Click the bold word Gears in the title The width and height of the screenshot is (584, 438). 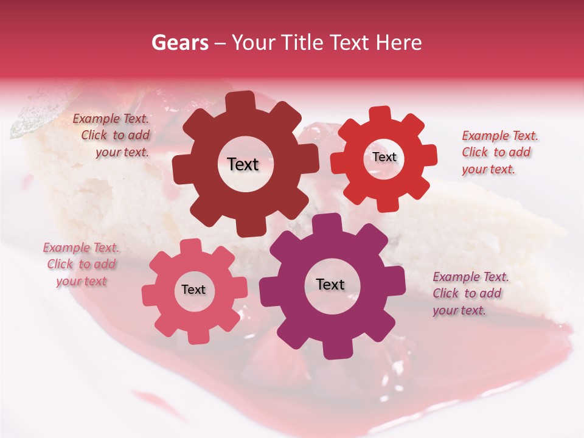point(178,43)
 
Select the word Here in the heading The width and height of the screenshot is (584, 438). point(398,43)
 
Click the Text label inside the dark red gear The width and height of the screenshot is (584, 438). point(243,164)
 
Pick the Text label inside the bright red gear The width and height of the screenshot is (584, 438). point(384,157)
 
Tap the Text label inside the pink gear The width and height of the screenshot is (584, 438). point(193,290)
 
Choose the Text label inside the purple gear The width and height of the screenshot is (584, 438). point(330,284)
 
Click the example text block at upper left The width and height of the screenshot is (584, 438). point(111,136)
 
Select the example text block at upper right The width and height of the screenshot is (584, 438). point(499,153)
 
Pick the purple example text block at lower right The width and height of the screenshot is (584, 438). point(470,294)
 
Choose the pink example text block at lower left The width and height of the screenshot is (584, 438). point(81,265)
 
